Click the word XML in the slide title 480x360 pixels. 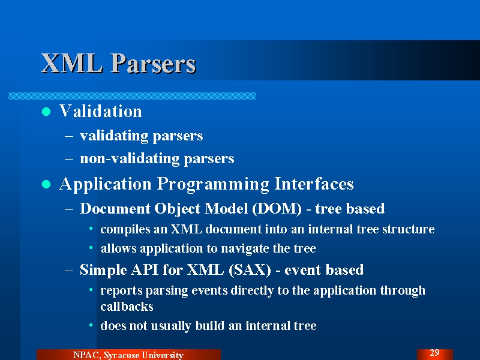click(72, 63)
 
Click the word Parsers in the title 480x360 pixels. click(154, 63)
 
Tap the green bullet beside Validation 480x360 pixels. click(46, 112)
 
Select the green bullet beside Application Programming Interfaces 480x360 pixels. click(46, 184)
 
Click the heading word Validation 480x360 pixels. click(100, 111)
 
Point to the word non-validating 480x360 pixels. click(130, 158)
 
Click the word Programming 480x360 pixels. click(213, 184)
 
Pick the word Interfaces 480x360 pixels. click(314, 184)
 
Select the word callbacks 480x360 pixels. click(127, 307)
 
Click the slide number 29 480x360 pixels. click(434, 353)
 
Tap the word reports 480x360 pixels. click(122, 291)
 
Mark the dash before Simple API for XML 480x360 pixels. click(69, 271)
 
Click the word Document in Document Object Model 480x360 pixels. click(115, 209)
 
